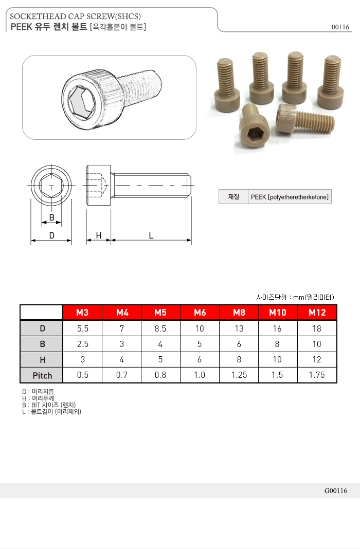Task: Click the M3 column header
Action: click(82, 313)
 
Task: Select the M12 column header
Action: click(317, 313)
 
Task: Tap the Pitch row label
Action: click(42, 376)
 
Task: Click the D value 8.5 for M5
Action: click(160, 328)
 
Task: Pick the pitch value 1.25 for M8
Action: click(239, 375)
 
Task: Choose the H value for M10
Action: click(277, 360)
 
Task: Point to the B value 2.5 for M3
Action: click(82, 344)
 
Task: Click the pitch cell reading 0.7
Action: click(121, 375)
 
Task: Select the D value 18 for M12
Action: click(317, 328)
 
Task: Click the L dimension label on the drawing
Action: click(151, 235)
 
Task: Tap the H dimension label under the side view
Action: click(98, 235)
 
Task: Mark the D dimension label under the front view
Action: click(51, 235)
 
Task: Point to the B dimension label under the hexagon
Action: click(51, 217)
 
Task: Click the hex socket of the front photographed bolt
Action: click(254, 135)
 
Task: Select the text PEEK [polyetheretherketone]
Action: click(289, 197)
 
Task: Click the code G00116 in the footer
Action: click(336, 491)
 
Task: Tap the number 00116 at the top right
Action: click(340, 27)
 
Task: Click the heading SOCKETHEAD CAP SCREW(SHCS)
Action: click(75, 17)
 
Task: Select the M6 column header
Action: click(200, 313)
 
